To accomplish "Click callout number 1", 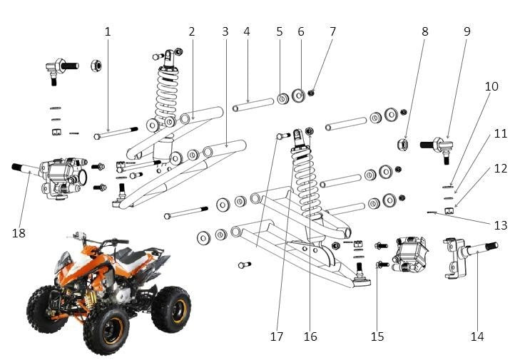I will pyautogui.click(x=108, y=32).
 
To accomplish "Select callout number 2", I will pyautogui.click(x=192, y=32).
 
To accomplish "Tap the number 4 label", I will pyautogui.click(x=246, y=32).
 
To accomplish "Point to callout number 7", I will pyautogui.click(x=332, y=32).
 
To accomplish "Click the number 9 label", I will pyautogui.click(x=467, y=32).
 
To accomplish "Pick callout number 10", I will pyautogui.click(x=492, y=87).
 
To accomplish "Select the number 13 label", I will pyautogui.click(x=501, y=225).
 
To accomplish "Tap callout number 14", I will pyautogui.click(x=477, y=336).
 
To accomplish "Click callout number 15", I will pyautogui.click(x=377, y=336).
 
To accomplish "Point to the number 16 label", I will pyautogui.click(x=310, y=336).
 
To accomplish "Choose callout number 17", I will pyautogui.click(x=277, y=336).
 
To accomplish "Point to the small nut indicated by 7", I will pyautogui.click(x=313, y=93).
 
